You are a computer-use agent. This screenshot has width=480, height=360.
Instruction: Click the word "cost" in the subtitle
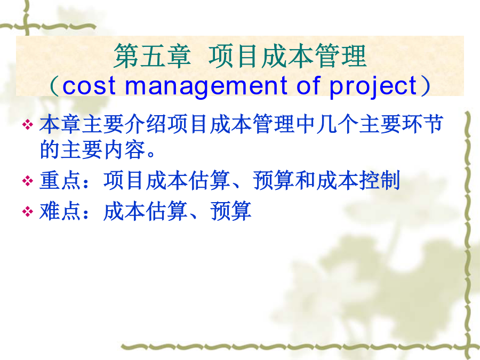[89, 85]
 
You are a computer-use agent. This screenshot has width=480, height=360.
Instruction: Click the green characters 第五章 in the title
[152, 56]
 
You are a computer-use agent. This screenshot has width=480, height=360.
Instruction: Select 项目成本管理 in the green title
[287, 56]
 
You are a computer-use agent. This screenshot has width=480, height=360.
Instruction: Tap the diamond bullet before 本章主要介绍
[28, 125]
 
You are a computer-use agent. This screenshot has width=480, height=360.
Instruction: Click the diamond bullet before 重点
[28, 181]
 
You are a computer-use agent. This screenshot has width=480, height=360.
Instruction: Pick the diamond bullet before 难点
[28, 211]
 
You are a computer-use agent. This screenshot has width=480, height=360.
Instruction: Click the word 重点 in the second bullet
[61, 180]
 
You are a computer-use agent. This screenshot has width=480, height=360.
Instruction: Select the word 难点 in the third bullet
[61, 211]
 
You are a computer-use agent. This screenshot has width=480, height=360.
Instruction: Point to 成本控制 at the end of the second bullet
[358, 180]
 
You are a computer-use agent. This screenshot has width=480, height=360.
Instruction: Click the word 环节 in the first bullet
[422, 124]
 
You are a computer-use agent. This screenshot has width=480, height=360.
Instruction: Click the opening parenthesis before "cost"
[54, 86]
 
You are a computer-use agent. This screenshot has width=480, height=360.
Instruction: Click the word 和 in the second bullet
[305, 180]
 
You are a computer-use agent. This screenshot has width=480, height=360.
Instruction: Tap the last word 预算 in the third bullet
[231, 211]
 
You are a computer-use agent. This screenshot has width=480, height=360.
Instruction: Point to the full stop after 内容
[150, 154]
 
